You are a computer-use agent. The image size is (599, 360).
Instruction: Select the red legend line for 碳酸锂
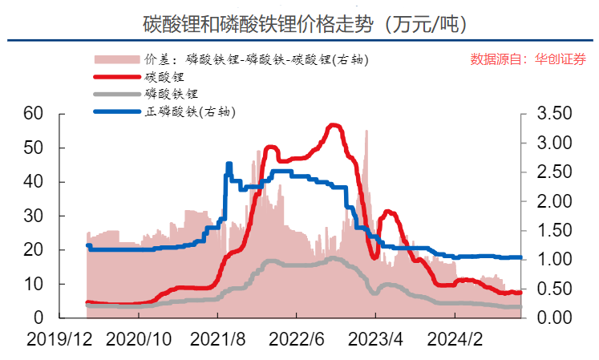click(x=116, y=77)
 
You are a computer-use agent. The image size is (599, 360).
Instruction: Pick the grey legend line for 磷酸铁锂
click(x=116, y=95)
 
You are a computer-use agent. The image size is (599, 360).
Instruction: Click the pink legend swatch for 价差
click(x=116, y=59)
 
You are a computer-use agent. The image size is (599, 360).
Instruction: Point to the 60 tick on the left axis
click(x=33, y=114)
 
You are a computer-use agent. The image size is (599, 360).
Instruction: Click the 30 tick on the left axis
click(x=33, y=216)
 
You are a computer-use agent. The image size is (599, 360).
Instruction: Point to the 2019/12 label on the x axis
click(x=57, y=340)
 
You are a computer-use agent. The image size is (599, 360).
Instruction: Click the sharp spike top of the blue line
click(x=229, y=164)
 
